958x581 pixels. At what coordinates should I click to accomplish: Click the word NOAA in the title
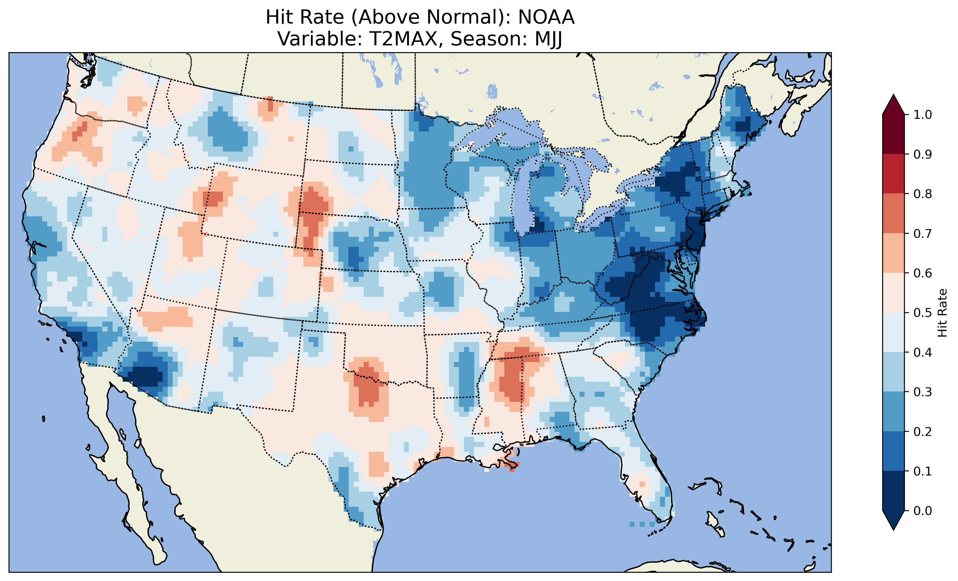[x=546, y=17]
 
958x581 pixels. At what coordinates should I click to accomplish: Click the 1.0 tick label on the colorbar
[x=923, y=115]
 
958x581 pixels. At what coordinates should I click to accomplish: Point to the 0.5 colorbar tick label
[x=923, y=313]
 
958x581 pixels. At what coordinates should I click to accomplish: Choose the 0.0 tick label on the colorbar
[x=923, y=511]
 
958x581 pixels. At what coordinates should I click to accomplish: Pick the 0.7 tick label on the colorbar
[x=923, y=233]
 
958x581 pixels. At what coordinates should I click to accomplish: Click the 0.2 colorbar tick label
[x=923, y=431]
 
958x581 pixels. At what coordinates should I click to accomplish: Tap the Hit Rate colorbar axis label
[x=942, y=313]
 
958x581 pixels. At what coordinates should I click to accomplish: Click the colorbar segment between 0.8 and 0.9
[x=893, y=174]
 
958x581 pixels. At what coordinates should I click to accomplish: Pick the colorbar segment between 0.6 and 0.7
[x=893, y=253]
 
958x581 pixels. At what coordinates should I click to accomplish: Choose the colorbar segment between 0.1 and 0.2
[x=893, y=451]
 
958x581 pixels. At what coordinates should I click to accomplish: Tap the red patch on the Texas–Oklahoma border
[x=367, y=385]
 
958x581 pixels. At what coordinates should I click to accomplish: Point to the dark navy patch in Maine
[x=743, y=126]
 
